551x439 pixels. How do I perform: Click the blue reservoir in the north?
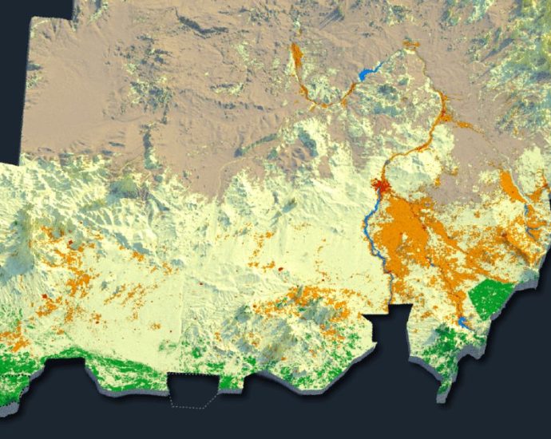point(367,74)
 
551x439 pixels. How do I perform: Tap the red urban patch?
point(381,188)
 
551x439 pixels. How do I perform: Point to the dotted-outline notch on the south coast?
point(194,390)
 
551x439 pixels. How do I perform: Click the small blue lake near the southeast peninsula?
point(464,323)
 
